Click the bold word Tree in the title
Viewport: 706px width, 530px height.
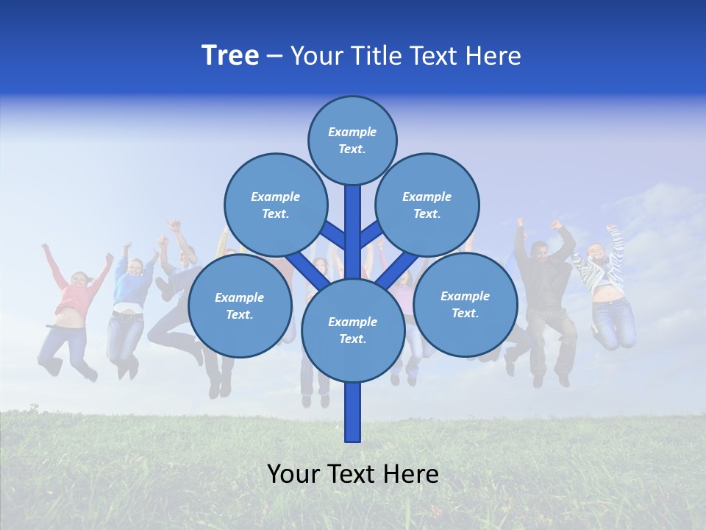[230, 56]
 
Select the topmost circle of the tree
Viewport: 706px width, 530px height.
[352, 140]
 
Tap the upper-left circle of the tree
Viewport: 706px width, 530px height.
[275, 205]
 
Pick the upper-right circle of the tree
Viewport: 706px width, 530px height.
[427, 205]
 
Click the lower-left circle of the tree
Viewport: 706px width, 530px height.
[240, 305]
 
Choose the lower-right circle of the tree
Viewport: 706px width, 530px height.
[465, 304]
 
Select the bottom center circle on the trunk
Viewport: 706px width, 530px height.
[352, 330]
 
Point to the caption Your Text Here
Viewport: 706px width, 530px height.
[353, 474]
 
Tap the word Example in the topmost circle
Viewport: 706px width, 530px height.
[352, 132]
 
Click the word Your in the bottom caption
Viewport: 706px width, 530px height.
[293, 474]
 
